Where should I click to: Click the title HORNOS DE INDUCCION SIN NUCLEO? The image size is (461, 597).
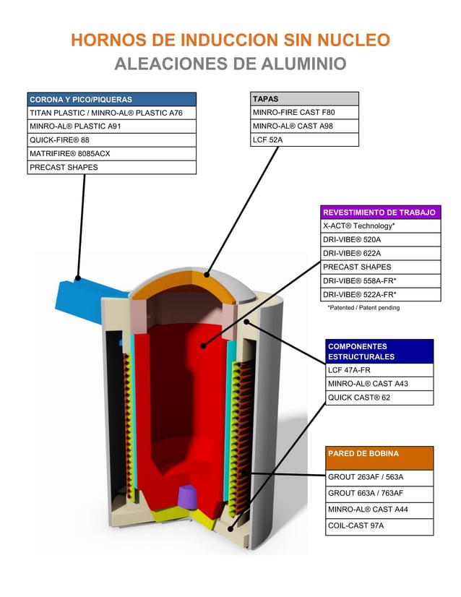(231, 40)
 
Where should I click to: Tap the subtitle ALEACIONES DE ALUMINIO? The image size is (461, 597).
(231, 64)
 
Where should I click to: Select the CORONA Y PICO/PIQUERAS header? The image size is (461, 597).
(111, 99)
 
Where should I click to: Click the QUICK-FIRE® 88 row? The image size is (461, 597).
(111, 139)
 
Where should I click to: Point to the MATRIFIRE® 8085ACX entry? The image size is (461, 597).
(111, 153)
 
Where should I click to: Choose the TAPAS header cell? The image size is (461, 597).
(304, 98)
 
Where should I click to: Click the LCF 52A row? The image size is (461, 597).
(304, 139)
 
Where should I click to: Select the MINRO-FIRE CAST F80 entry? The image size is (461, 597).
(304, 112)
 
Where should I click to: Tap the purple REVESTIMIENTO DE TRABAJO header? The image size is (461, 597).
(379, 212)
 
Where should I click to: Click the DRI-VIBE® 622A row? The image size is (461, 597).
(379, 253)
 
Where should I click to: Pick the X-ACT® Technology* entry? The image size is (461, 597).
(379, 226)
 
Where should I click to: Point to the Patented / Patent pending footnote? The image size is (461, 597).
(363, 307)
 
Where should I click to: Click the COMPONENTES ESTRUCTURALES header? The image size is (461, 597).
(379, 351)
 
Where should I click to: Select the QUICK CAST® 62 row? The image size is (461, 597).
(379, 398)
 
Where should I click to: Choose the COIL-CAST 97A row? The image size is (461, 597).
(379, 525)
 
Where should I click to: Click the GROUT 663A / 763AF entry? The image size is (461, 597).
(379, 493)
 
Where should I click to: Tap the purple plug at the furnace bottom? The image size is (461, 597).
(187, 496)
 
